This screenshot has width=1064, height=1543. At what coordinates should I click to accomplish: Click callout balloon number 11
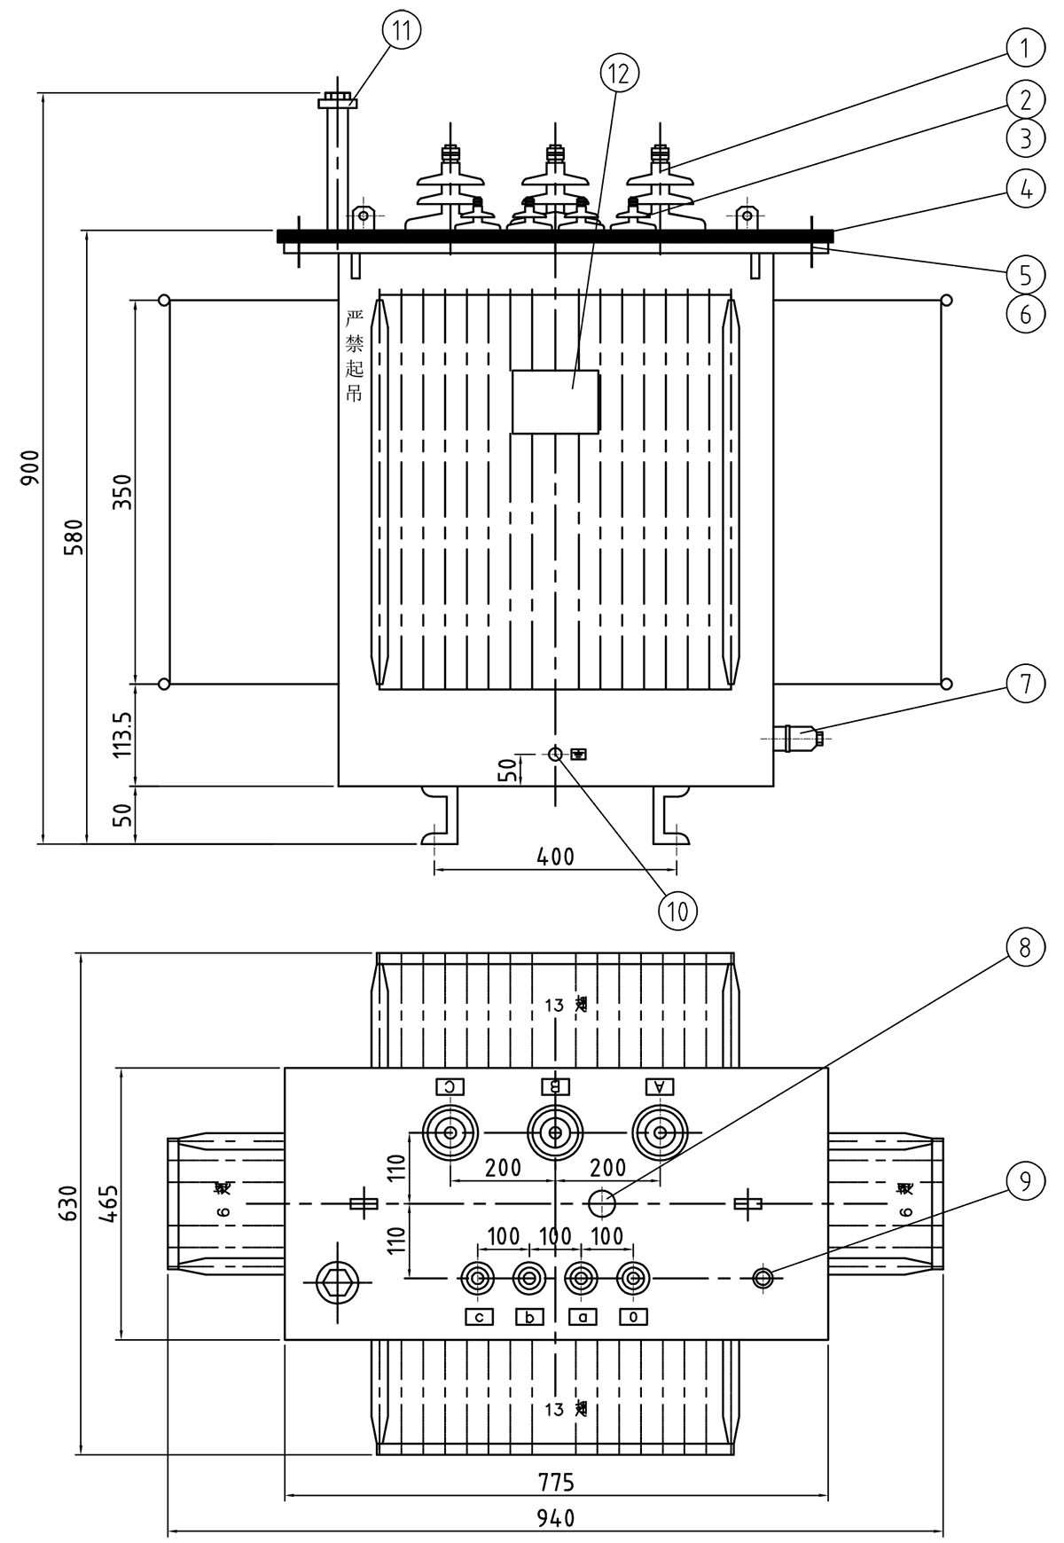(x=403, y=30)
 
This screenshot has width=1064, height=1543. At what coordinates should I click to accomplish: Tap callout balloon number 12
(x=619, y=74)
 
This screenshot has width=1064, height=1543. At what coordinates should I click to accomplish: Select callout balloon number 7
(x=1025, y=683)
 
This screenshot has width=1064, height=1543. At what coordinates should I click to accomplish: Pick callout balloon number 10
(x=677, y=910)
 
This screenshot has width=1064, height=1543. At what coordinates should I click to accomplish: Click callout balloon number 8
(x=1024, y=948)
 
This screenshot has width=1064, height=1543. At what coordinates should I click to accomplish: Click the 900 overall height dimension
(x=30, y=466)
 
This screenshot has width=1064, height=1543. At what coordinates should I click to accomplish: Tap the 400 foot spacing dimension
(x=556, y=857)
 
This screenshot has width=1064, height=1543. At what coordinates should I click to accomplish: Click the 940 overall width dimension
(x=556, y=1517)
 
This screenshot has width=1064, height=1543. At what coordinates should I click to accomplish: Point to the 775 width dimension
(x=556, y=1482)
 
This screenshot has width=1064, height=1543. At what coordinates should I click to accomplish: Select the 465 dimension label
(x=106, y=1202)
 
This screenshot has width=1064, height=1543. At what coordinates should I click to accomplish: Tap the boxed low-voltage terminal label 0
(x=633, y=1317)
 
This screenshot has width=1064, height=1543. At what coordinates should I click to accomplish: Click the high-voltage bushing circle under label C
(x=450, y=1132)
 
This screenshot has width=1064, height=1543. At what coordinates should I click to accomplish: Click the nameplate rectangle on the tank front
(x=555, y=401)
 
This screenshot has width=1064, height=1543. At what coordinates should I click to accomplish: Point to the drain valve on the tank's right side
(x=798, y=737)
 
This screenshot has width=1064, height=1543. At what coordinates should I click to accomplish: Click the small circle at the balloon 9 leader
(x=763, y=1278)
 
